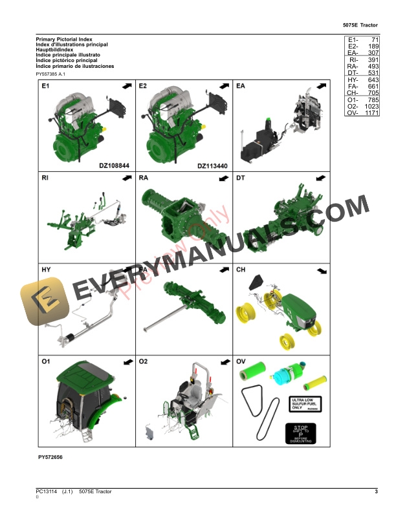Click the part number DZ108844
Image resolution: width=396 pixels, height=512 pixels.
pyautogui.click(x=115, y=165)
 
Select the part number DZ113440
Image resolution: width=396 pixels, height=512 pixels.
pyautogui.click(x=213, y=165)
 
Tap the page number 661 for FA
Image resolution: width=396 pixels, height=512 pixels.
pyautogui.click(x=372, y=86)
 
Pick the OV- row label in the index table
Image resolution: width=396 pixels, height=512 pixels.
pyautogui.click(x=353, y=113)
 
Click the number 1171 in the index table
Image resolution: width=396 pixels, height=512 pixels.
pyautogui.click(x=371, y=113)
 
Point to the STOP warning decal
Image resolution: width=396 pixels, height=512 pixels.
pyautogui.click(x=301, y=433)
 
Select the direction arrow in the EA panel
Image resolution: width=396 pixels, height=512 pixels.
pyautogui.click(x=320, y=86)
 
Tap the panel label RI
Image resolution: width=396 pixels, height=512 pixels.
pyautogui.click(x=45, y=177)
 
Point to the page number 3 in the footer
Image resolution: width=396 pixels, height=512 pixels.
pyautogui.click(x=376, y=493)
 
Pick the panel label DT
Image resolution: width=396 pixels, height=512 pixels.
pyautogui.click(x=241, y=177)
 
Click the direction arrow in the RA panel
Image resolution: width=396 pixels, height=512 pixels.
pyautogui.click(x=223, y=178)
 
